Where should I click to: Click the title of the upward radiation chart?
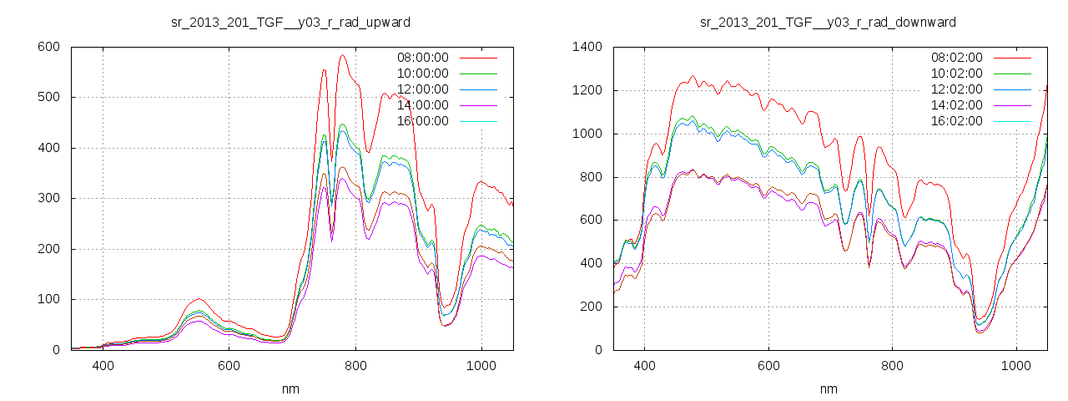tap(290, 22)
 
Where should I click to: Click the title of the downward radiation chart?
tap(828, 22)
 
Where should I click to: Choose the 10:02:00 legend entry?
tap(957, 74)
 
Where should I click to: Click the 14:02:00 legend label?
tap(957, 105)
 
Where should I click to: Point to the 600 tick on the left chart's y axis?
tap(48, 47)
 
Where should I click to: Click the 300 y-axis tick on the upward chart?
tap(48, 199)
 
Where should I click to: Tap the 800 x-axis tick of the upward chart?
tap(355, 366)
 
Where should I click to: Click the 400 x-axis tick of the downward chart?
tap(644, 366)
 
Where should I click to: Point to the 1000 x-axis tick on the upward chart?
tap(481, 366)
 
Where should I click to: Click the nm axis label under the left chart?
tap(291, 388)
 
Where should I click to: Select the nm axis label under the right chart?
tap(829, 388)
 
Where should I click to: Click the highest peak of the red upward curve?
tap(342, 56)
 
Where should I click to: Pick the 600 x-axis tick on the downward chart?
tap(768, 366)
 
